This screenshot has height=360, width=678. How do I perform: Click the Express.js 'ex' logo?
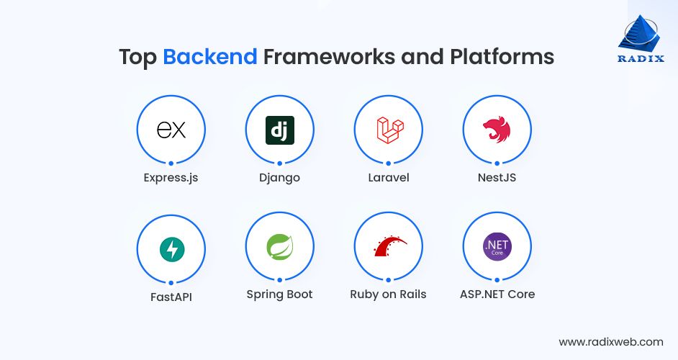tap(171, 130)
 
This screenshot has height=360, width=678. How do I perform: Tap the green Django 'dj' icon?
tap(279, 130)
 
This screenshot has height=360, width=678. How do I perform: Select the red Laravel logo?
tap(389, 130)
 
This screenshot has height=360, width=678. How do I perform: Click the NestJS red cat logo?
tap(497, 130)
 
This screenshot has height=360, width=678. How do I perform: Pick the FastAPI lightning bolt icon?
tap(171, 249)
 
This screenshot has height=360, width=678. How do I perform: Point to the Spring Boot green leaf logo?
tap(279, 248)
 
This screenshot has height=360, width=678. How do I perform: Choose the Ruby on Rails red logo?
tap(389, 247)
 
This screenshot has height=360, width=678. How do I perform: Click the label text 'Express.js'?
tap(171, 177)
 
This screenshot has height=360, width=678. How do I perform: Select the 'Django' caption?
tap(279, 177)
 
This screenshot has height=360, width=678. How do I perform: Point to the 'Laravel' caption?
tap(389, 177)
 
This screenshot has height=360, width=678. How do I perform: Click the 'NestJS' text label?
tap(497, 177)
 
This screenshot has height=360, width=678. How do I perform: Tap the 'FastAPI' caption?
tap(171, 297)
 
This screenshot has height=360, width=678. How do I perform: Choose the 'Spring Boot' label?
tap(279, 294)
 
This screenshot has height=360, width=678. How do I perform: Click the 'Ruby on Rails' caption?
tap(388, 294)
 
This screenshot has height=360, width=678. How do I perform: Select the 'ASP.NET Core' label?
tap(497, 294)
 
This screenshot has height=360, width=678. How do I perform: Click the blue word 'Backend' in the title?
tap(209, 57)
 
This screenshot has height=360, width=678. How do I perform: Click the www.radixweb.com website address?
tap(610, 342)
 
